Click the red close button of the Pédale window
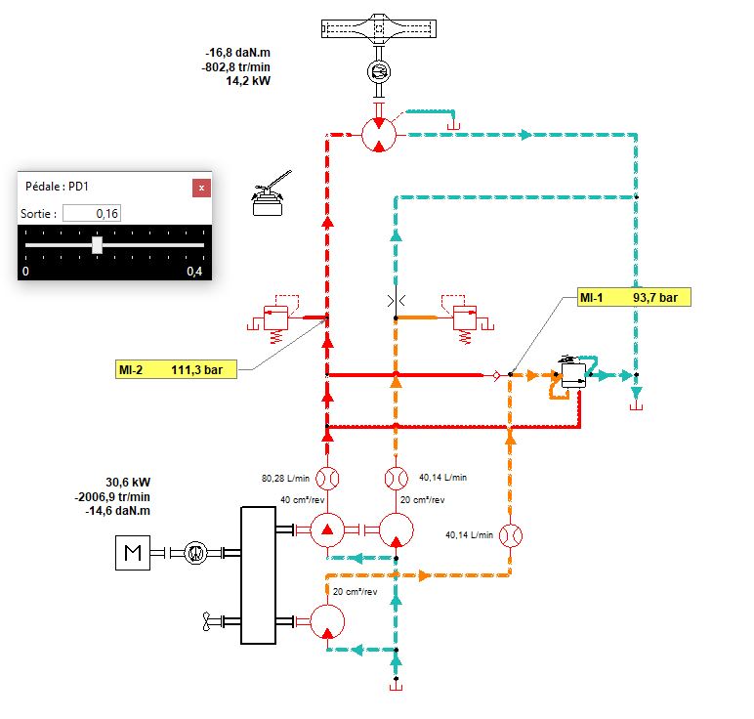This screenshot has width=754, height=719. tap(201, 188)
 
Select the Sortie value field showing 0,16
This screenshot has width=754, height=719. tap(92, 213)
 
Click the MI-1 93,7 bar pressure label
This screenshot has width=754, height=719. tap(634, 297)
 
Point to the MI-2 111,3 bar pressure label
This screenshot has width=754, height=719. tap(176, 369)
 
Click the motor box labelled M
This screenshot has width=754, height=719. tap(133, 553)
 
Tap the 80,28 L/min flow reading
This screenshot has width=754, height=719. tap(285, 478)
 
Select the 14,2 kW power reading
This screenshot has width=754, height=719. tap(248, 81)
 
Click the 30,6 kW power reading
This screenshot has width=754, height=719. tap(128, 482)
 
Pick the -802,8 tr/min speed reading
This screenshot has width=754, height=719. tap(235, 66)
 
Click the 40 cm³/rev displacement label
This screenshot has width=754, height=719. tap(303, 500)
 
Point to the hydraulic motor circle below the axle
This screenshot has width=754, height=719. tap(379, 135)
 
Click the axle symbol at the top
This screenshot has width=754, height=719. tap(379, 29)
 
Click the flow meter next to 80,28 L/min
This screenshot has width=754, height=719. tap(327, 479)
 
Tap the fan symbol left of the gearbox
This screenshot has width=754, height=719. tap(207, 621)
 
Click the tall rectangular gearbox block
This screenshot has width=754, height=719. tap(258, 575)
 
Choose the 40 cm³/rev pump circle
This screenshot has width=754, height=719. tap(327, 530)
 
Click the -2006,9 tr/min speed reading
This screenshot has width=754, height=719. tap(112, 496)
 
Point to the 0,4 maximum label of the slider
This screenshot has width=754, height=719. tap(194, 272)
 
